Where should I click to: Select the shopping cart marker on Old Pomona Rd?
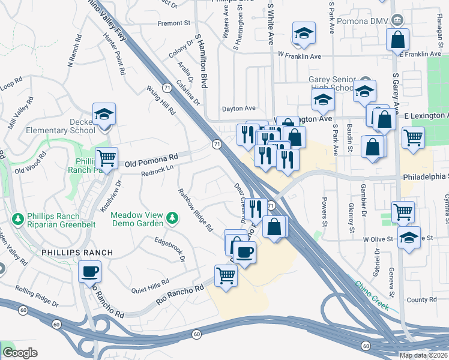[x=106, y=158]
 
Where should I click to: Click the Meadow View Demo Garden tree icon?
[x=172, y=217]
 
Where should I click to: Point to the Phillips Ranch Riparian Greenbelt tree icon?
[x=19, y=218]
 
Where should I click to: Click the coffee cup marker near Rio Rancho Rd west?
[x=90, y=272]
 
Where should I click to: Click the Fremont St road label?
[x=173, y=23]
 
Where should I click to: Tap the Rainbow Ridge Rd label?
[x=194, y=209]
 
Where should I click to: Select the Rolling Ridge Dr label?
[x=37, y=298]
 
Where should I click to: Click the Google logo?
[x=20, y=353]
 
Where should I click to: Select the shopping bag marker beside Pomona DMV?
[x=397, y=40]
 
